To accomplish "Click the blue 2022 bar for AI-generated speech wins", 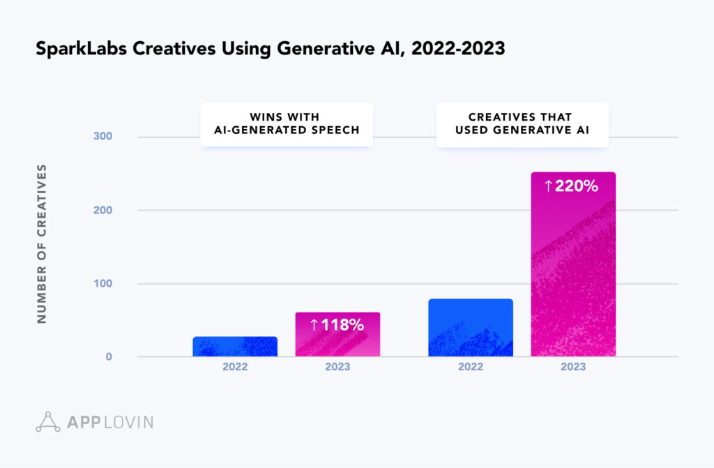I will click(235, 347).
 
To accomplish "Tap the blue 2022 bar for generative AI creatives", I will click(471, 328).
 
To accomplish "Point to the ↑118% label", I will click(337, 324).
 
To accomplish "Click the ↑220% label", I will click(572, 186).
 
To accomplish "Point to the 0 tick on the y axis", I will click(108, 357).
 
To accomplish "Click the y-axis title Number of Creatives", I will click(42, 243).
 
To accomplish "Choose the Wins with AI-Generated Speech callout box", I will click(286, 124).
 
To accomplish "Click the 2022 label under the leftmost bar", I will click(235, 367).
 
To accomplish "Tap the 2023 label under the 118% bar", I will click(337, 367).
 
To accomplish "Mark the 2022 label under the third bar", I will click(471, 367).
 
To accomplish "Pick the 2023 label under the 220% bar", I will click(573, 367).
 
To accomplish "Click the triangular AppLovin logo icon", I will click(48, 421).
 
